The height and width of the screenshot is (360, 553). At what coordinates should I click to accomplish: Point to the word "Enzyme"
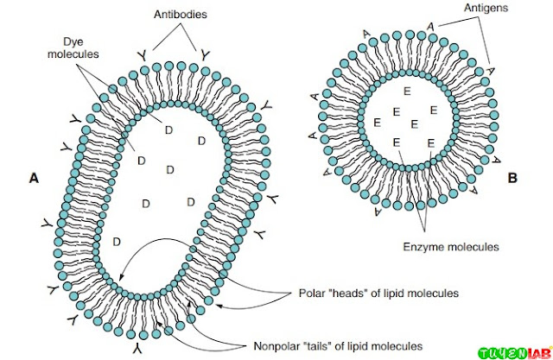pos(423,247)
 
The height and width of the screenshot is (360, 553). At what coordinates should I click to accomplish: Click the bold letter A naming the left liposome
pos(34,179)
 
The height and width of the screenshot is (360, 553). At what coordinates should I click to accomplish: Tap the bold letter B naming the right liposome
pos(512,178)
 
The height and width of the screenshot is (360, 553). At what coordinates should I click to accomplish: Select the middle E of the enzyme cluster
pos(415,123)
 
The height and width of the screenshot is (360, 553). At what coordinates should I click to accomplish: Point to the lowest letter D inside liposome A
pos(117,242)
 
